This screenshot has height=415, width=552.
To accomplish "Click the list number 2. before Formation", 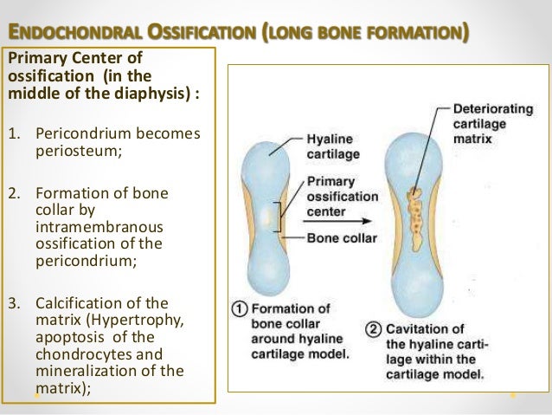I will coord(14,192).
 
